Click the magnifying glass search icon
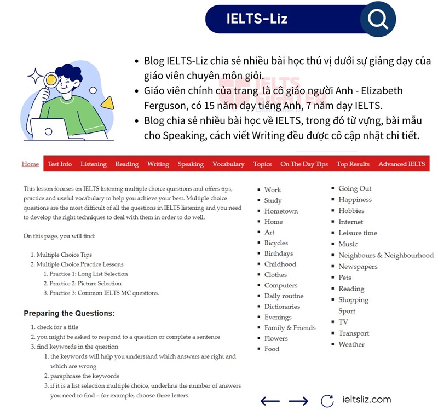(x=378, y=19)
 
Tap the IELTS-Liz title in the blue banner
(x=257, y=19)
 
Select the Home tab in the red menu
(x=30, y=164)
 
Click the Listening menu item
(x=93, y=164)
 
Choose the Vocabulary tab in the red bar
(x=228, y=164)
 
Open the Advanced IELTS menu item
(x=401, y=164)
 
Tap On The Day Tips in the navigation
(x=304, y=164)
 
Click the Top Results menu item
(x=353, y=164)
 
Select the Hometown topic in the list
(x=281, y=211)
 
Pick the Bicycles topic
(x=276, y=243)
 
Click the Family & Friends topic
(x=290, y=327)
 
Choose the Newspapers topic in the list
(x=358, y=267)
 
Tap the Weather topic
(x=351, y=344)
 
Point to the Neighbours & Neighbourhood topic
(x=385, y=255)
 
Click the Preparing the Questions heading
(x=69, y=314)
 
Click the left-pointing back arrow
(x=270, y=401)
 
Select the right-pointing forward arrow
(x=298, y=401)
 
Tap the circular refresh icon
(x=327, y=401)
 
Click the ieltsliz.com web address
(x=366, y=400)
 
